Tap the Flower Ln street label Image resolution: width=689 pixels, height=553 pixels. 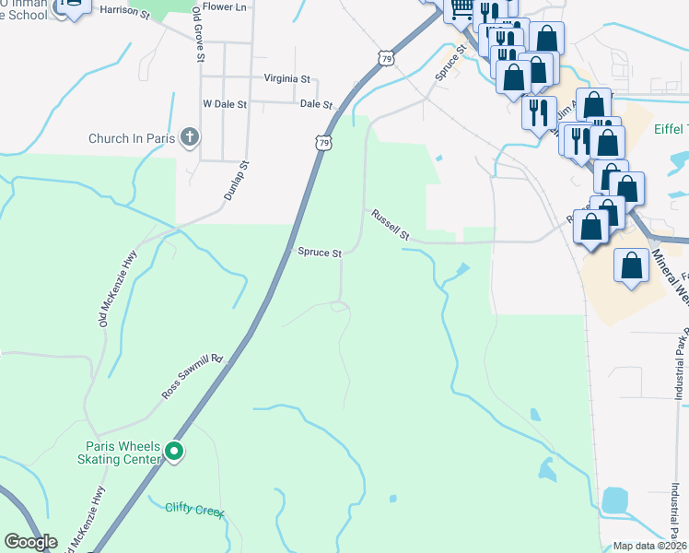tap(226, 6)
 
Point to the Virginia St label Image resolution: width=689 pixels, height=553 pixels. tap(287, 79)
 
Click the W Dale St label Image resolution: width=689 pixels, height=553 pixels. tap(225, 104)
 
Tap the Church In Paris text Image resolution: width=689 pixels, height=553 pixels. tap(132, 139)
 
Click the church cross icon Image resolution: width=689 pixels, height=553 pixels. tap(190, 138)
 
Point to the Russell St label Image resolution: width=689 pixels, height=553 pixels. tap(391, 226)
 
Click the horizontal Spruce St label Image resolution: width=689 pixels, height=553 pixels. tap(320, 253)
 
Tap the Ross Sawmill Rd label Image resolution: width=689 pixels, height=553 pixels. tap(193, 376)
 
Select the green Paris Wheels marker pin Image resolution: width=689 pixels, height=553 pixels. tap(174, 453)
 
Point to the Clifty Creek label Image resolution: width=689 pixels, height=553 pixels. tap(195, 509)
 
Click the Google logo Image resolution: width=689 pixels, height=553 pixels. tap(30, 543)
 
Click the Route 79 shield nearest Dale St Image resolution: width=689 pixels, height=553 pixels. tap(321, 143)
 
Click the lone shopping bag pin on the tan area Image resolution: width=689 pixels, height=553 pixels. tap(632, 266)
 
